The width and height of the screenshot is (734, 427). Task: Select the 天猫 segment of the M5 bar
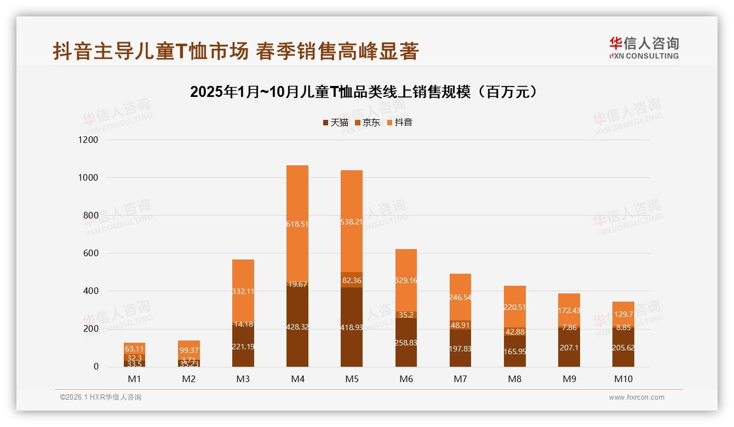click(x=352, y=327)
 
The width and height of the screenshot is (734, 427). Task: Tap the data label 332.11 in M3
click(x=243, y=291)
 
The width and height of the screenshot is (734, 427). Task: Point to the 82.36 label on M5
click(x=352, y=280)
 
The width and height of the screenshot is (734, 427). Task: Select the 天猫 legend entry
click(x=335, y=123)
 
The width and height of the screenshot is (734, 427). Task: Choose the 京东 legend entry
click(x=367, y=123)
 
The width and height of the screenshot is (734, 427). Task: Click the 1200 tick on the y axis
click(x=88, y=140)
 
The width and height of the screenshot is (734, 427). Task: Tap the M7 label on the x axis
click(x=460, y=379)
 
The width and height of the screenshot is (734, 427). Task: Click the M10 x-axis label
click(x=623, y=379)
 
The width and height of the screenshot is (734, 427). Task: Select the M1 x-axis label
click(x=134, y=379)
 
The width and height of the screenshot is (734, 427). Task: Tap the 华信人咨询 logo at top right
click(x=644, y=48)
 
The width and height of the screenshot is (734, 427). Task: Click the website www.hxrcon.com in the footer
click(x=636, y=397)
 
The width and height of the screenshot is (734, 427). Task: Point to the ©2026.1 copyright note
click(x=101, y=397)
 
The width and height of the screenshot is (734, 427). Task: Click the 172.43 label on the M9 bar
click(x=569, y=310)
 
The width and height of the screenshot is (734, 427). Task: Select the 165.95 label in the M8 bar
click(x=515, y=351)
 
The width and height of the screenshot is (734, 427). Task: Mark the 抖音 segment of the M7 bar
click(x=460, y=297)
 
